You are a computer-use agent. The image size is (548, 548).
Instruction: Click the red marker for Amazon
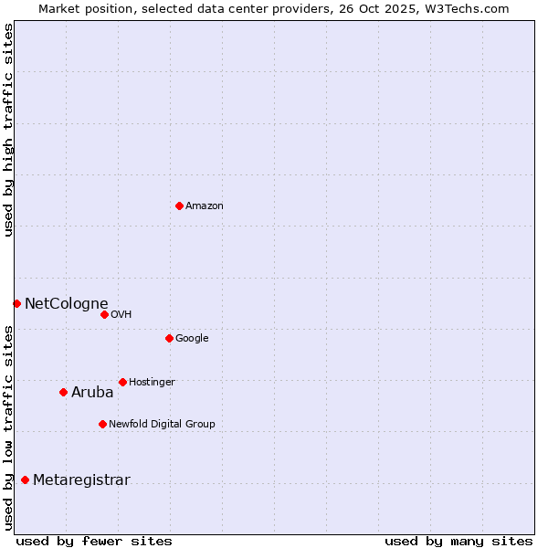(x=179, y=205)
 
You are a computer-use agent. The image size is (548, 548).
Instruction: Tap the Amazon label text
(x=205, y=206)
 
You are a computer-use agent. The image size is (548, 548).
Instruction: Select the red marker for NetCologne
(x=16, y=303)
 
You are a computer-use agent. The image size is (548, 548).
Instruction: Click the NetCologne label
(x=66, y=304)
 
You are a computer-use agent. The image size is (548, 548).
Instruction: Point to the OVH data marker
(x=104, y=314)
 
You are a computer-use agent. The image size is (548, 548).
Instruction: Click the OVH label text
(x=121, y=315)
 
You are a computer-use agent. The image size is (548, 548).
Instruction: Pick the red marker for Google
(x=169, y=338)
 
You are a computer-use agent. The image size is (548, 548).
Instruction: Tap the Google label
(x=192, y=339)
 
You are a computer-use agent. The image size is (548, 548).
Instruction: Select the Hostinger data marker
(x=122, y=382)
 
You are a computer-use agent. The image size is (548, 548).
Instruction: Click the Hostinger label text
(x=152, y=383)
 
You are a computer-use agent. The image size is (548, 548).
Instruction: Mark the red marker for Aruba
(x=63, y=392)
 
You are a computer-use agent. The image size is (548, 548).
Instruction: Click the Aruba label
(x=92, y=393)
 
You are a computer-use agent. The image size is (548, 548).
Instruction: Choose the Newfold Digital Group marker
(x=102, y=424)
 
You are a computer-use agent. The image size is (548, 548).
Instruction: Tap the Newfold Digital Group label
(x=162, y=425)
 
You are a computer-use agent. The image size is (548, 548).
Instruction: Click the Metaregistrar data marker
(x=25, y=479)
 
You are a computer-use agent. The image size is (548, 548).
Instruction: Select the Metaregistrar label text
(x=81, y=480)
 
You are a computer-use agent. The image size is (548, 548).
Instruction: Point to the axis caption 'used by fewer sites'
(x=94, y=541)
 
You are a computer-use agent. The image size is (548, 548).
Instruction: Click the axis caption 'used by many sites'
(x=458, y=541)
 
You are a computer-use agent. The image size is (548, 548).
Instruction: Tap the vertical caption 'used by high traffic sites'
(x=8, y=130)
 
